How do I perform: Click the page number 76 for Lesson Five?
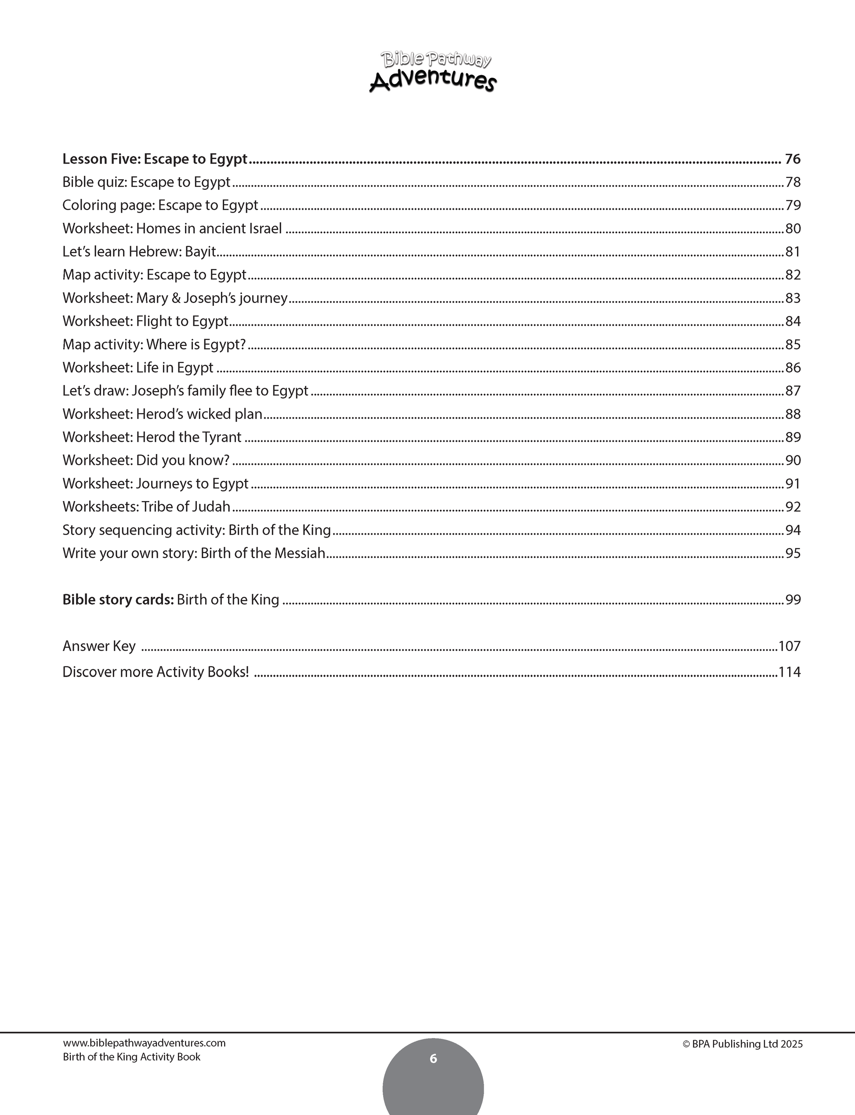793,160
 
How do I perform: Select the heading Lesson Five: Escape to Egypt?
155,160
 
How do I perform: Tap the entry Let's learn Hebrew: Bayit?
139,251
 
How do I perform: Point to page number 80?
793,229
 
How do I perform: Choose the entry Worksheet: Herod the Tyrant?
152,437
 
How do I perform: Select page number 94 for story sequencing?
793,530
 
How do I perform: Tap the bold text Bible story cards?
118,600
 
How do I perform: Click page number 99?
793,600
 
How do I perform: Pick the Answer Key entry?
99,646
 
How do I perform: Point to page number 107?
790,646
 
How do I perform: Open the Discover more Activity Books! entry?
156,672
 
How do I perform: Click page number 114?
790,672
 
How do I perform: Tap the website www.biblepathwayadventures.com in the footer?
144,1043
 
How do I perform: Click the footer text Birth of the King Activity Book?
131,1057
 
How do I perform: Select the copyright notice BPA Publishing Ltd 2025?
743,1044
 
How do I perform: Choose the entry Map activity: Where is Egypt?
154,345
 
